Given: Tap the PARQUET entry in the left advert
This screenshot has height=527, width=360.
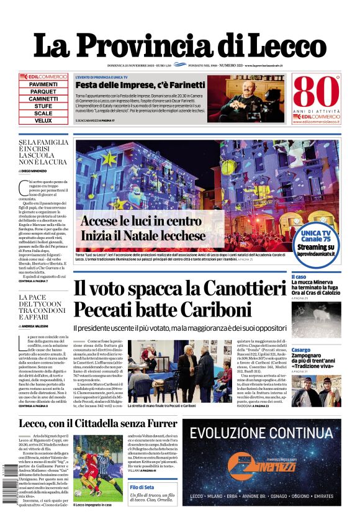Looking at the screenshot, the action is tap(43, 91).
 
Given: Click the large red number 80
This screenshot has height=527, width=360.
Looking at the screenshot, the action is tap(316, 92).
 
